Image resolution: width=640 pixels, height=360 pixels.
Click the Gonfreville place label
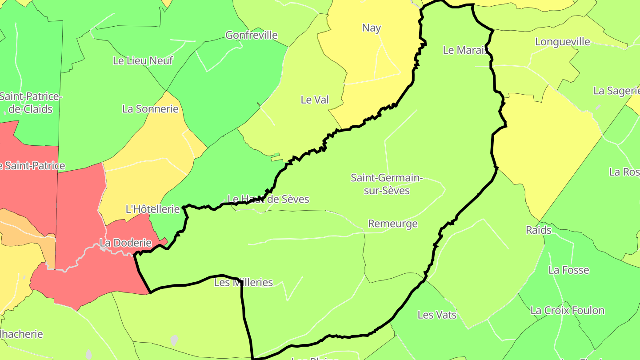click(x=252, y=35)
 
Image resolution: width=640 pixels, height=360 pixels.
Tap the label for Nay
click(x=372, y=28)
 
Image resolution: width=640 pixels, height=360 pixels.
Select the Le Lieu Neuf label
click(x=143, y=60)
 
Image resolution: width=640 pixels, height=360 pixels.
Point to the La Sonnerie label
click(x=150, y=109)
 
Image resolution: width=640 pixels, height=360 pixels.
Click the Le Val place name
click(x=315, y=100)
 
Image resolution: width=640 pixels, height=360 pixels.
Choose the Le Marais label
click(x=465, y=50)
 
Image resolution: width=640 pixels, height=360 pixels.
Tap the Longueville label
click(x=562, y=42)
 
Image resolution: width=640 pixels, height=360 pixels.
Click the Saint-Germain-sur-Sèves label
click(x=386, y=184)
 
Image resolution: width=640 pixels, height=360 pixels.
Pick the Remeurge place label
click(x=393, y=224)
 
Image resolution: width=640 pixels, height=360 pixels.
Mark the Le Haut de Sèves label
click(x=268, y=199)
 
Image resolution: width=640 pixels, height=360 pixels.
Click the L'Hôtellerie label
click(x=152, y=209)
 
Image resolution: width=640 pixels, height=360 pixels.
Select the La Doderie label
click(x=125, y=243)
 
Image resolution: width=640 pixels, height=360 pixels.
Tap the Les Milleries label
click(x=243, y=282)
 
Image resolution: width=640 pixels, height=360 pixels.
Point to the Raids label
click(x=538, y=230)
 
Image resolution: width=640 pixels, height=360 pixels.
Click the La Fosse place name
click(x=568, y=270)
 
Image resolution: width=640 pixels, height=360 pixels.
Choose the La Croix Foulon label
click(x=567, y=310)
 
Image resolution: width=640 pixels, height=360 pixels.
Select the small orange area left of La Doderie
click(x=27, y=231)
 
